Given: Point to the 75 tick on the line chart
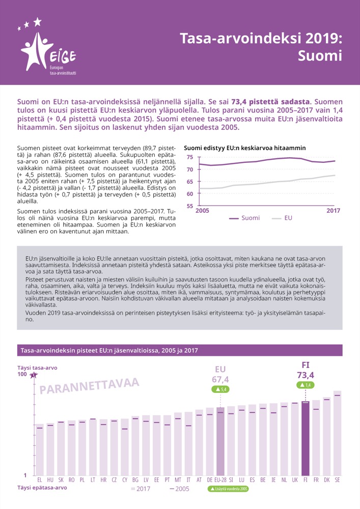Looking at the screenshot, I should click(x=190, y=157).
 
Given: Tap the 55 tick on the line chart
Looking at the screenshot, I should click(x=190, y=206).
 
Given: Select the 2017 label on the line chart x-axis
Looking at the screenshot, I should click(x=334, y=211).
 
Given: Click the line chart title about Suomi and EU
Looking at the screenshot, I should click(x=244, y=148).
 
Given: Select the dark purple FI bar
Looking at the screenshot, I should click(x=305, y=438).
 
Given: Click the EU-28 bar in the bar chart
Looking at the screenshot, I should click(x=220, y=440).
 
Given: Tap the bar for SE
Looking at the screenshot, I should click(x=337, y=433).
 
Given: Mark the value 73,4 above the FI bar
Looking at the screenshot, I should click(x=306, y=376).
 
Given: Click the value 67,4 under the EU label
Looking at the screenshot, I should click(x=220, y=379).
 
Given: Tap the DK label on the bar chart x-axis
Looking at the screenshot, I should click(x=326, y=479).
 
